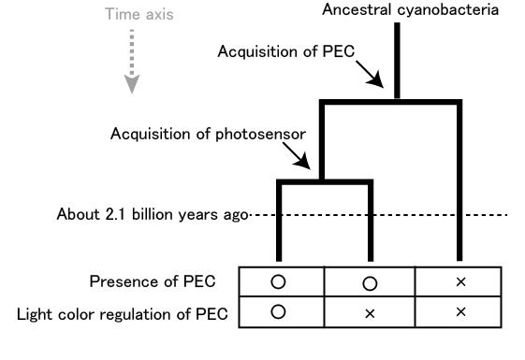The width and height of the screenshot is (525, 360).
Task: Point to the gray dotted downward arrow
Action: tap(134, 61)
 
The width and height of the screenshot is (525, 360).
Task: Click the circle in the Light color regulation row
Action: tap(278, 312)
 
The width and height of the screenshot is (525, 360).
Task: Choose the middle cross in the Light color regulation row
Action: tap(369, 312)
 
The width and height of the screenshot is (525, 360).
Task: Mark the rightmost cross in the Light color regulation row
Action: tap(459, 312)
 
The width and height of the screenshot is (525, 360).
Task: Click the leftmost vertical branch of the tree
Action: tap(279, 224)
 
